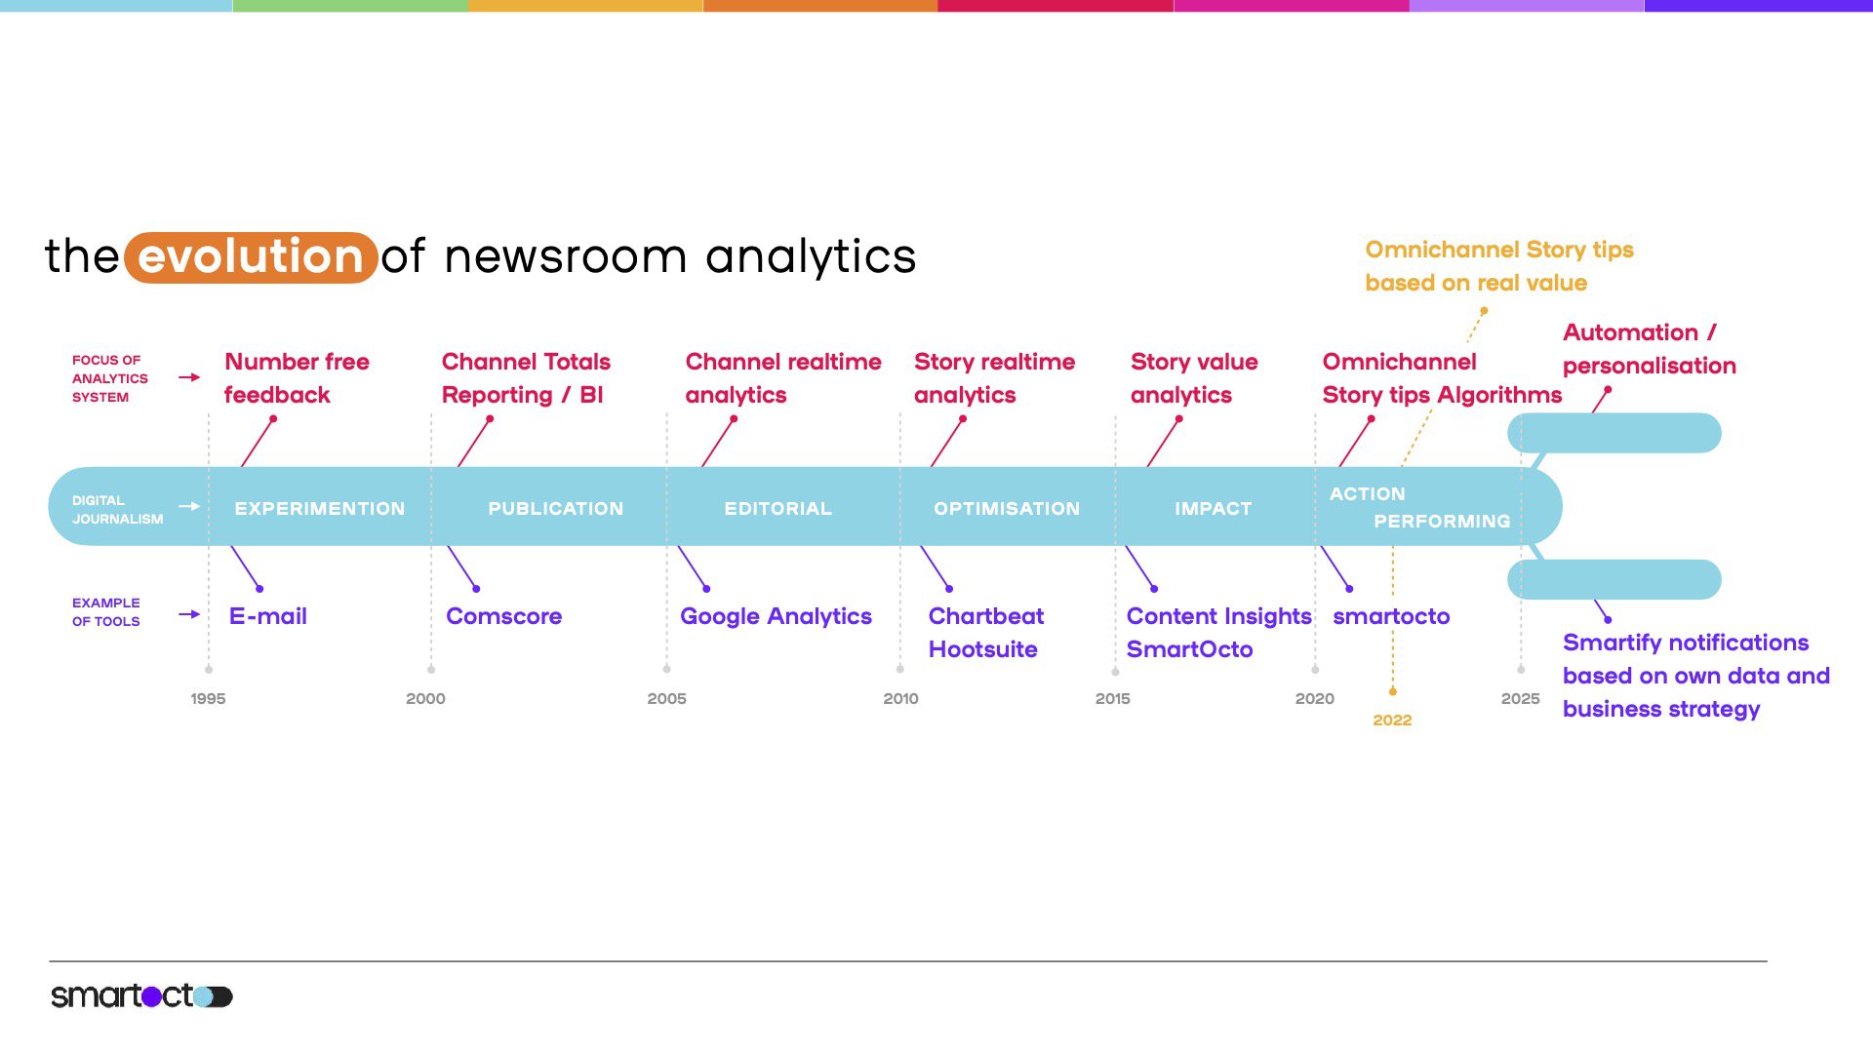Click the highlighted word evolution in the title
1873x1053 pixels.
(x=251, y=257)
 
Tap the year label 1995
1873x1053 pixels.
(x=208, y=699)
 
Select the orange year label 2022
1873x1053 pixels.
(x=1392, y=721)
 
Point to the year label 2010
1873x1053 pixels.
(x=900, y=699)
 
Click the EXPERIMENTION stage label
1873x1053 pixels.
(x=319, y=509)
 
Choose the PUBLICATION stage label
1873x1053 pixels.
(x=555, y=509)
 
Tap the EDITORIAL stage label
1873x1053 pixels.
(x=777, y=509)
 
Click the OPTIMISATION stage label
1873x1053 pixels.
(x=1007, y=509)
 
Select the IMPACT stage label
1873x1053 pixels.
(x=1213, y=509)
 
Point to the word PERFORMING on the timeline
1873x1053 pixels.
(x=1442, y=522)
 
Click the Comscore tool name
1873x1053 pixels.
(x=503, y=616)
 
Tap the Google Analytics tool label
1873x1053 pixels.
(x=776, y=617)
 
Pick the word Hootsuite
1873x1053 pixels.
(x=982, y=649)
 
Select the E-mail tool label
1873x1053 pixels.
(x=267, y=616)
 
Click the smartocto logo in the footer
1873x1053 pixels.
(x=141, y=995)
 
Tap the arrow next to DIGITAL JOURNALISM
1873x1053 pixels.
(x=189, y=506)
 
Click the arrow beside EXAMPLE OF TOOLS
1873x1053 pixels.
(x=189, y=614)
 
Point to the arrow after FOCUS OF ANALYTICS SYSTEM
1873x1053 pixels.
(x=189, y=377)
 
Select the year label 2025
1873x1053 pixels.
(x=1520, y=699)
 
